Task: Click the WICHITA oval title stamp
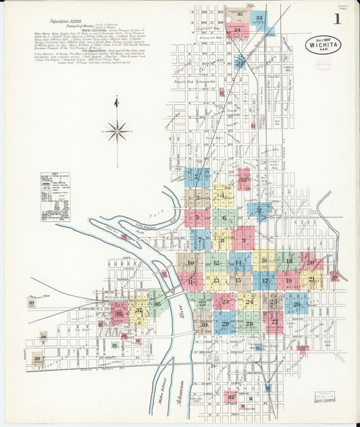(x=322, y=46)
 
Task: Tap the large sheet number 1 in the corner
(x=337, y=19)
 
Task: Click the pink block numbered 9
(x=243, y=239)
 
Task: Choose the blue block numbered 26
(x=296, y=304)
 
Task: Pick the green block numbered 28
(x=249, y=324)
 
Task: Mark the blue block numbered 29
(x=225, y=325)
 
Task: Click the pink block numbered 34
(x=236, y=30)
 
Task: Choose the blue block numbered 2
(x=197, y=178)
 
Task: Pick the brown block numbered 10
(x=191, y=262)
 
